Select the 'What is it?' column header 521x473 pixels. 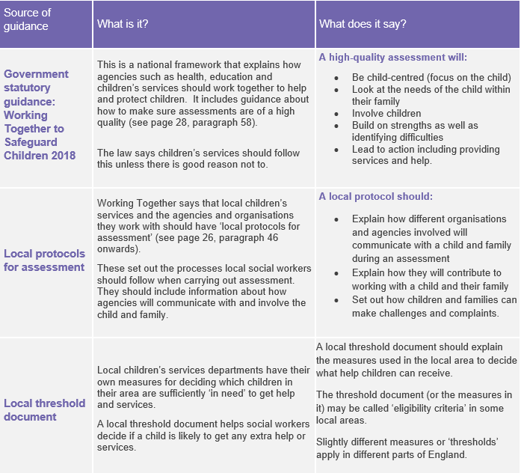tap(123, 24)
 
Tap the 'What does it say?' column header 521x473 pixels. tap(363, 24)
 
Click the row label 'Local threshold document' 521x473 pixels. tap(44, 409)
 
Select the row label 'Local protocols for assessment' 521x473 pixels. tap(44, 260)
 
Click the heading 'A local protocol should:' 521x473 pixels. tap(375, 197)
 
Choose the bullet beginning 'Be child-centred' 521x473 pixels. tap(431, 77)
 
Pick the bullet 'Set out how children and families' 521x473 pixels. tap(434, 299)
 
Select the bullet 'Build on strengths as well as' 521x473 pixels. tap(415, 125)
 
